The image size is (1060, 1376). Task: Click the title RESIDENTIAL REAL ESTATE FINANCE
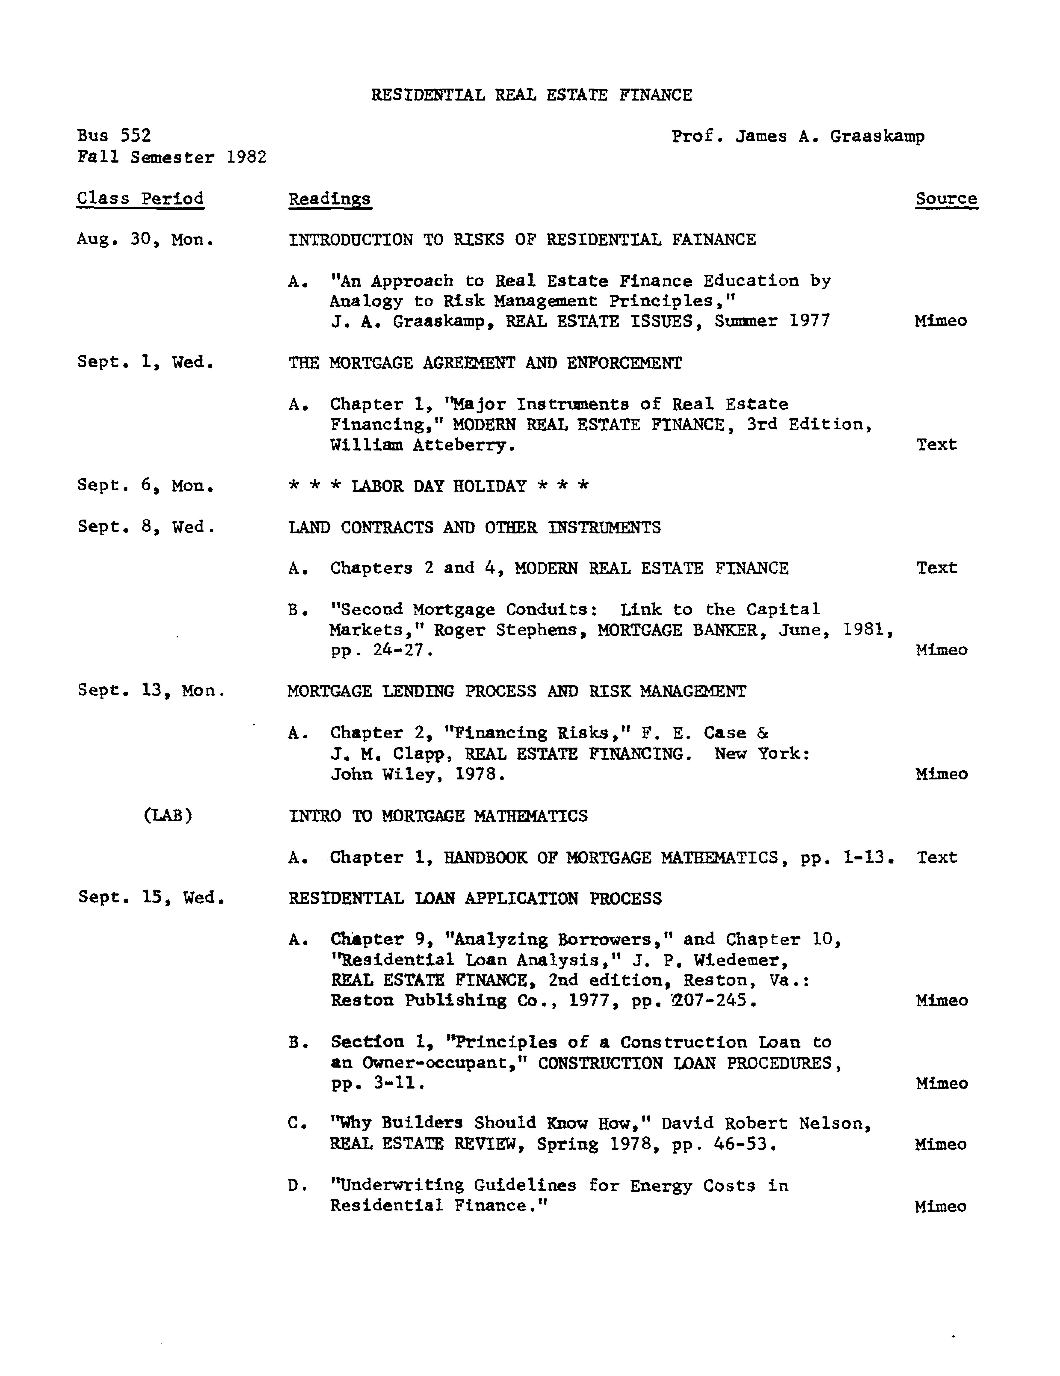click(x=531, y=95)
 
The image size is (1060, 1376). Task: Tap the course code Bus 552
click(x=114, y=135)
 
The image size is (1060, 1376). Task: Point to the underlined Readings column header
click(x=329, y=199)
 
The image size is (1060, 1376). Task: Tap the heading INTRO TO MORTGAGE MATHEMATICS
click(x=438, y=816)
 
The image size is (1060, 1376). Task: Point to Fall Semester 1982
click(x=171, y=157)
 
